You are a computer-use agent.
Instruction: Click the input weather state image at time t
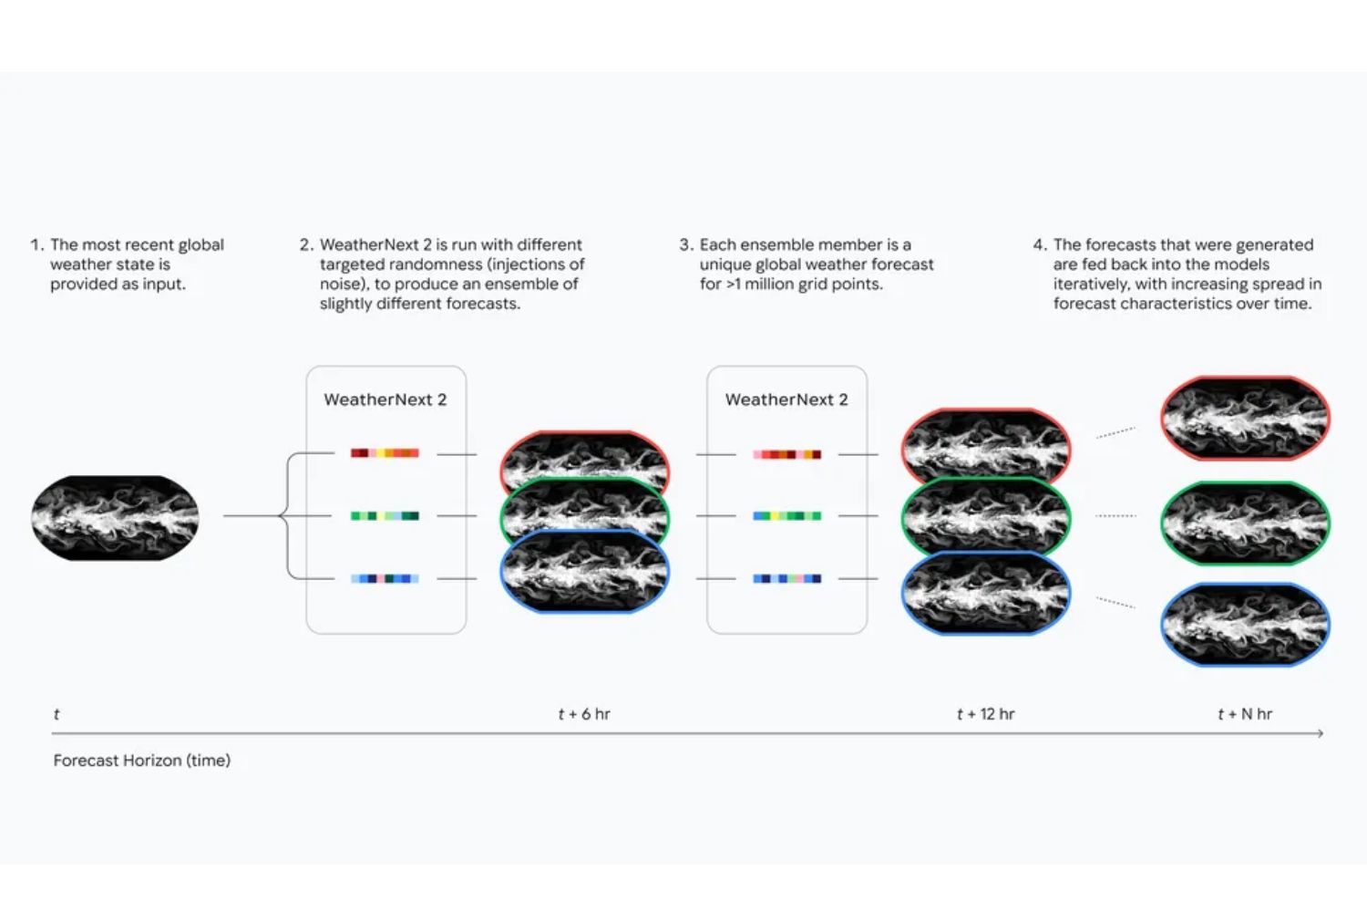[x=116, y=517]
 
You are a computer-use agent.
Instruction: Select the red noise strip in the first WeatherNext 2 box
[x=385, y=452]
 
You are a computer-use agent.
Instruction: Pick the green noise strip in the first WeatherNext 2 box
[x=385, y=515]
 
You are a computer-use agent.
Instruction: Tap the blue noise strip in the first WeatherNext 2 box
[x=385, y=578]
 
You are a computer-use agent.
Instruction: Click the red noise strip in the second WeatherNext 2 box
[x=786, y=454]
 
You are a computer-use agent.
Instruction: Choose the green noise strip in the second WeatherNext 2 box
[x=786, y=515]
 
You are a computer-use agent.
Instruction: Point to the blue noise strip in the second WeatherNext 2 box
[x=786, y=578]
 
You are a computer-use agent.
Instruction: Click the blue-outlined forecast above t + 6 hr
[x=585, y=571]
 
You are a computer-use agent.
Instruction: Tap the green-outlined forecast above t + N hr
[x=1245, y=523]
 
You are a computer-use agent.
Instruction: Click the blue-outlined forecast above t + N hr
[x=1245, y=625]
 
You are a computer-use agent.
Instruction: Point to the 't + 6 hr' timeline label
[x=584, y=713]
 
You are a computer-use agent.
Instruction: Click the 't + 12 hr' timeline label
[x=985, y=713]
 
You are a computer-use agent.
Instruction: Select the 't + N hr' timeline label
[x=1245, y=713]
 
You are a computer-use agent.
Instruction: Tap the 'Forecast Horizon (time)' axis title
[x=142, y=761]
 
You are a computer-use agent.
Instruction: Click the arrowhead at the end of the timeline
[x=1321, y=733]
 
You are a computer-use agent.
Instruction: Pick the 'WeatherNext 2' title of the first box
[x=385, y=399]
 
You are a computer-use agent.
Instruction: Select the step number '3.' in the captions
[x=686, y=245]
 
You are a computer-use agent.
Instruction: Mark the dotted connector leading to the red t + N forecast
[x=1115, y=432]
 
